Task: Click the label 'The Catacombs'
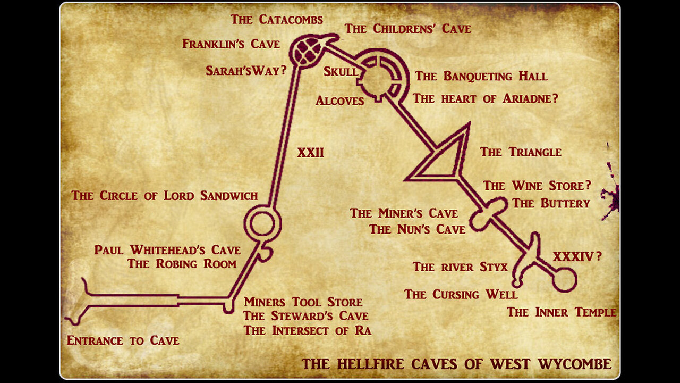coord(276,20)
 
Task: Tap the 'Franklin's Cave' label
coord(231,44)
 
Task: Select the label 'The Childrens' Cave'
coord(407,29)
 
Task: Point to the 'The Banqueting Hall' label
coord(481,77)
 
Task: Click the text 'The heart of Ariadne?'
coord(486,98)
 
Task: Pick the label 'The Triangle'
coord(521,152)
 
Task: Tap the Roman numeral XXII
coord(310,153)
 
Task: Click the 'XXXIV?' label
coord(577,257)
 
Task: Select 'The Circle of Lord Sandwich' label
coord(165,196)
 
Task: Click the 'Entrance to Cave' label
coord(123,340)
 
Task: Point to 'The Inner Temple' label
coord(562,312)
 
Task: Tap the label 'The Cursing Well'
coord(461,294)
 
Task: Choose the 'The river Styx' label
coord(460,267)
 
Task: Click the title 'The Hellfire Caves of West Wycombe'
coord(456,364)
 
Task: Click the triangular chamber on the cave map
coord(444,159)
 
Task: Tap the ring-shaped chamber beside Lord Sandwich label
coord(262,223)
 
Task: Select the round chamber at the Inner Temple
coord(564,279)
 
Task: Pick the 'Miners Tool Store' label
coord(303,303)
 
